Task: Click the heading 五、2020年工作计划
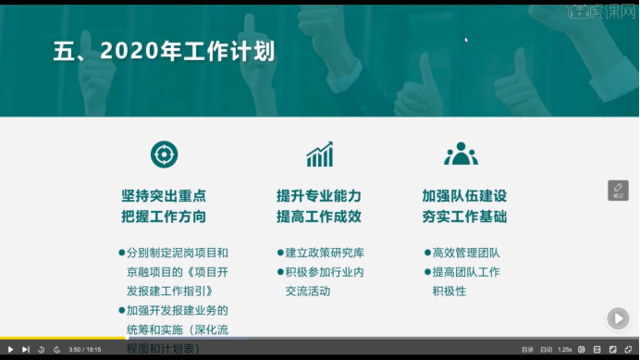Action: (164, 52)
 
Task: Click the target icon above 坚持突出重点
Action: (164, 154)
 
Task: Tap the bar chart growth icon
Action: (320, 155)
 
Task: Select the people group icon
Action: (461, 154)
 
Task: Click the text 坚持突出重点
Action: (164, 196)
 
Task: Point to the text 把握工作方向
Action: (164, 217)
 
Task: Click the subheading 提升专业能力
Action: (319, 196)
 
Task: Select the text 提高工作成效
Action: (319, 217)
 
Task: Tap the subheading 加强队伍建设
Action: (464, 196)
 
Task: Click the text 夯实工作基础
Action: (464, 217)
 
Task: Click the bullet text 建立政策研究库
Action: (325, 253)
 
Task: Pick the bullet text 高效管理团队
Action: (466, 253)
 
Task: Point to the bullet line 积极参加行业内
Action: (325, 272)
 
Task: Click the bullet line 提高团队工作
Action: (466, 272)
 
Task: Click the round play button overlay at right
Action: (617, 318)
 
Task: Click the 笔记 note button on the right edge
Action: (618, 190)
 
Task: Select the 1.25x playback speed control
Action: (564, 350)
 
